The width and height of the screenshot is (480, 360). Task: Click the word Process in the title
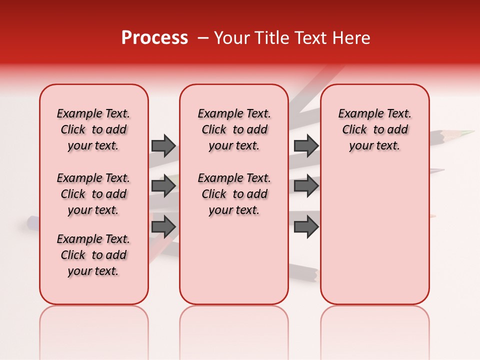[154, 38]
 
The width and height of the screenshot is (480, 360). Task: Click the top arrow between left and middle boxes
[163, 145]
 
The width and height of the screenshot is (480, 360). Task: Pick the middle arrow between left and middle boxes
[163, 186]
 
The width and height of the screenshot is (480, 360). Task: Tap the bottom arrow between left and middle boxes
[163, 226]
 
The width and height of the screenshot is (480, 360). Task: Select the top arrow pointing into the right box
[306, 145]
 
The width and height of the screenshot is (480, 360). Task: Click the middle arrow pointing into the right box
[306, 186]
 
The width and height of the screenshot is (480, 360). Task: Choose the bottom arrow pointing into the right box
[306, 227]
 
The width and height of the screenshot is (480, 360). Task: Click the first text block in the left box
[93, 129]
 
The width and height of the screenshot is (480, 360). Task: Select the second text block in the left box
[93, 194]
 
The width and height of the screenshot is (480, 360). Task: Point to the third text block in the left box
[93, 255]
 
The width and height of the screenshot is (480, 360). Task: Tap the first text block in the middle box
[234, 129]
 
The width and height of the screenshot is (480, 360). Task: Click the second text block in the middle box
[234, 194]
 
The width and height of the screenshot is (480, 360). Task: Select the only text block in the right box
[374, 129]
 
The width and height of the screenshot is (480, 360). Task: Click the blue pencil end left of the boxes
[33, 222]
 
